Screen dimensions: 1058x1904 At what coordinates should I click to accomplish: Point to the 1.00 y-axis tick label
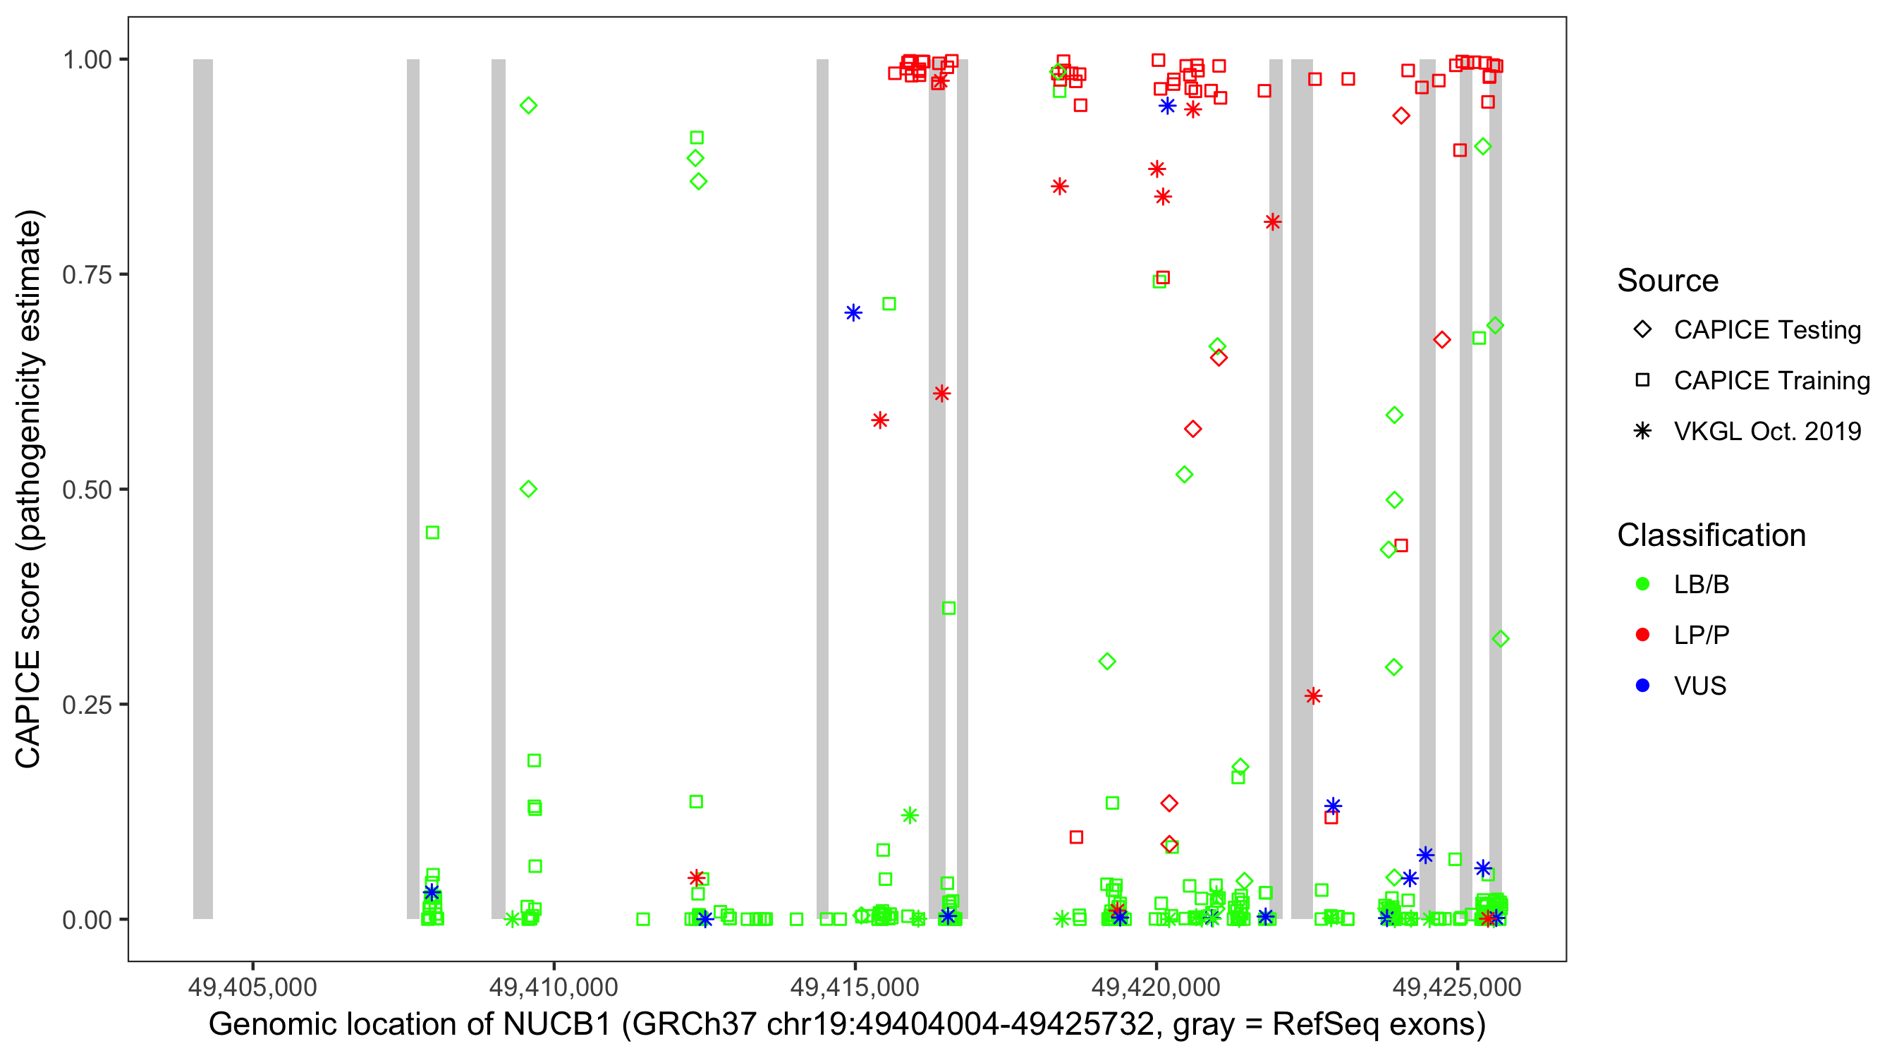pos(87,60)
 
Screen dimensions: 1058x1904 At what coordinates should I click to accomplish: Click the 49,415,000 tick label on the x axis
pos(855,987)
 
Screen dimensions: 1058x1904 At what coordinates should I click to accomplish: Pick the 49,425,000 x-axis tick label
pos(1457,987)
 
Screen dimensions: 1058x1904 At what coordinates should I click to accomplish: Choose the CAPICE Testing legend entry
pos(1766,330)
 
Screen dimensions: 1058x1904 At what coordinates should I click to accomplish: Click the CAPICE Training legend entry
pos(1771,381)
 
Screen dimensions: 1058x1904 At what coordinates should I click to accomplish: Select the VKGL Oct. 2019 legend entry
pos(1766,432)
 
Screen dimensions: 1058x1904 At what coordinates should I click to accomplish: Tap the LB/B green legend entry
pos(1701,585)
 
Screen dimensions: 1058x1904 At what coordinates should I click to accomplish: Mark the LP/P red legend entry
pos(1701,635)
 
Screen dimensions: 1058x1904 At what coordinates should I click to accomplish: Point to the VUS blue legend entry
pos(1699,686)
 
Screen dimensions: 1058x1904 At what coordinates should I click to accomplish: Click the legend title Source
pos(1668,281)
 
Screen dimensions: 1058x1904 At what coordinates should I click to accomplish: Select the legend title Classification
pos(1711,535)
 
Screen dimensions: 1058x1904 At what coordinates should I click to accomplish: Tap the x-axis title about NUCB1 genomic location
pos(847,1025)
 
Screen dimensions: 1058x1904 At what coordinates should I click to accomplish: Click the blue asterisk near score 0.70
pos(853,313)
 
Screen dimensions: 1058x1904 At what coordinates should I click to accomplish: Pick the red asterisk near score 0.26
pos(1312,695)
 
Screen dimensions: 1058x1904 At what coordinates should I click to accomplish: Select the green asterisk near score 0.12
pos(910,815)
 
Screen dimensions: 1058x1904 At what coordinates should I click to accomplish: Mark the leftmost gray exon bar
pos(203,489)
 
